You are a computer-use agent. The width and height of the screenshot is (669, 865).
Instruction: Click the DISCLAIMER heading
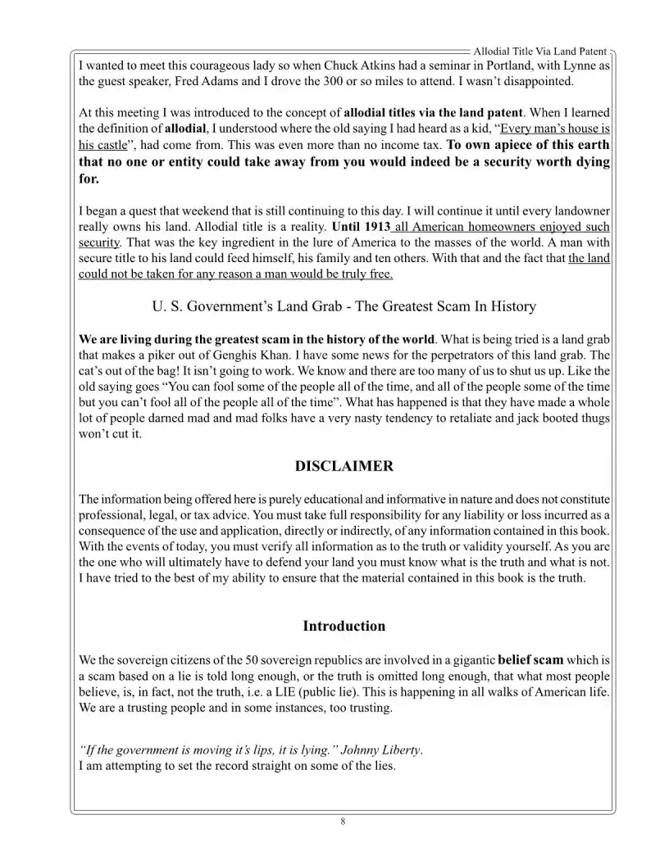click(344, 467)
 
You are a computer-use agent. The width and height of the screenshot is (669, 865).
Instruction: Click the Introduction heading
click(344, 627)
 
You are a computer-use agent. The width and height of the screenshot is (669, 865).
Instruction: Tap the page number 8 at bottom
click(343, 822)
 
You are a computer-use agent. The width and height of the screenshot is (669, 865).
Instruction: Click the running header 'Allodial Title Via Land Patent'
click(539, 52)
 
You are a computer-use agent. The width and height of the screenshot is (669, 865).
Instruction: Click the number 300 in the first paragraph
click(310, 82)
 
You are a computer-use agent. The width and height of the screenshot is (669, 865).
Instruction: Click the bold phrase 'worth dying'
click(571, 161)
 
